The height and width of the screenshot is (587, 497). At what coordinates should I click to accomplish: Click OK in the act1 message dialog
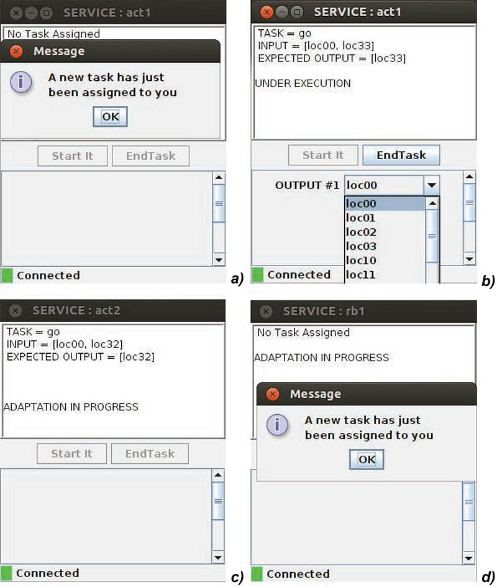coord(111,117)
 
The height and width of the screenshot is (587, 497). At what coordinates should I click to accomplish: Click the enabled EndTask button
coord(401,155)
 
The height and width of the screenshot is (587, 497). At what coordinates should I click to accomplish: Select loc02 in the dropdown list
coord(361,232)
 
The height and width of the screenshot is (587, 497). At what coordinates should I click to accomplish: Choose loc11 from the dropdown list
coord(361,275)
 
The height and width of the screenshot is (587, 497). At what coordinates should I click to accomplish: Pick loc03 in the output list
coord(361,246)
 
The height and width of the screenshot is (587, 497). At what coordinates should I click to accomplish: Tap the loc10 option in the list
coord(361,261)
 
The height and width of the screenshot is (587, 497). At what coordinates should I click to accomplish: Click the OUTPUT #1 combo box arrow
coord(432,185)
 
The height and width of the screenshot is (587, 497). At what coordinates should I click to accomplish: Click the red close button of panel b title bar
coord(267,12)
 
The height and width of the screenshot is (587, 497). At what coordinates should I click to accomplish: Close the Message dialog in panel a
coord(16,51)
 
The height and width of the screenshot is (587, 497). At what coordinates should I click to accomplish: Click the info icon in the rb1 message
coord(277,425)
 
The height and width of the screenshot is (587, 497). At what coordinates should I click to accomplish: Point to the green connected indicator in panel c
coord(6,573)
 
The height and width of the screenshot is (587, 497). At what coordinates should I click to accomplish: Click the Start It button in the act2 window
coord(71,454)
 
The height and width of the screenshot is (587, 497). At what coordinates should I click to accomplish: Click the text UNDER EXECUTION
coord(303,83)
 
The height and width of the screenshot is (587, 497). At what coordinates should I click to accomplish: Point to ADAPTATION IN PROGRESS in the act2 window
coord(71,407)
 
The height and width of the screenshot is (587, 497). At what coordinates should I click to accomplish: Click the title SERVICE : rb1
coord(324,311)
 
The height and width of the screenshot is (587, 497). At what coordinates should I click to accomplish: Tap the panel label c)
coord(237,577)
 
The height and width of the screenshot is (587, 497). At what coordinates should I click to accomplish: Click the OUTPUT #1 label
coord(307,185)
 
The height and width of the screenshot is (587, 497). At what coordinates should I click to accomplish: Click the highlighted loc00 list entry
coord(385,204)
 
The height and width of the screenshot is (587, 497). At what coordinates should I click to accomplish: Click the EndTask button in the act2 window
coord(150,454)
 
